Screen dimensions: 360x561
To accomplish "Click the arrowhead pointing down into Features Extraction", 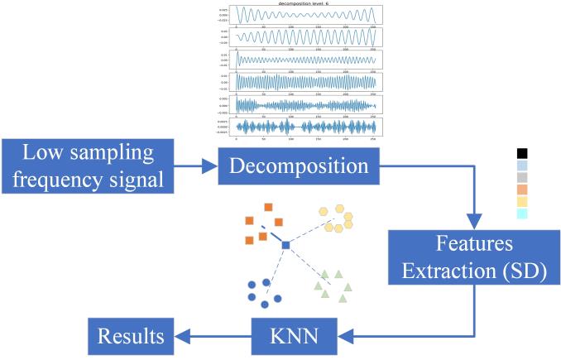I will [474, 223].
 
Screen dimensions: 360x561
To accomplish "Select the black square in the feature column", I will [521, 153].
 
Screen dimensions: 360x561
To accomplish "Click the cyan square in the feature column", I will [521, 214].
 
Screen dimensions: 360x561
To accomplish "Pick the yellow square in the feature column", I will [521, 201].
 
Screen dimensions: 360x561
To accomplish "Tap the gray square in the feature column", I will [521, 177].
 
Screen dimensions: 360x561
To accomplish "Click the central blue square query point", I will [285, 245].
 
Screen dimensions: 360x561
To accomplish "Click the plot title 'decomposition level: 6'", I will [306, 4].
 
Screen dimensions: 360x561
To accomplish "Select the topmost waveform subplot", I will [306, 16].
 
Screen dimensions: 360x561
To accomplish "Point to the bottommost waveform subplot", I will [306, 126].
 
